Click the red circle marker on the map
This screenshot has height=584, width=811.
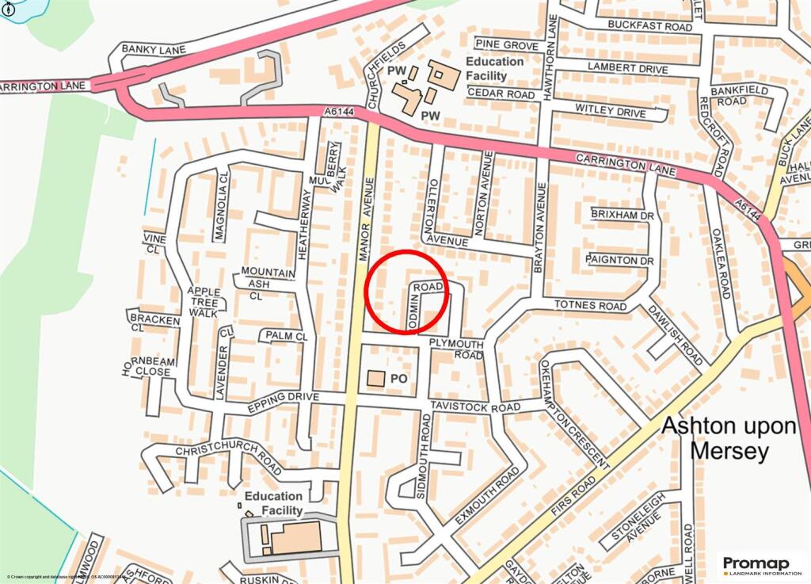(406, 292)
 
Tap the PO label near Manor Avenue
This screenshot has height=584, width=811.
(399, 380)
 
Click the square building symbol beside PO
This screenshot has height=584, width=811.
(376, 379)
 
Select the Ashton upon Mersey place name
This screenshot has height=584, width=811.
(729, 438)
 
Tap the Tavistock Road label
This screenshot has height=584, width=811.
(475, 407)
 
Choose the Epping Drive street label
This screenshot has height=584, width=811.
(283, 402)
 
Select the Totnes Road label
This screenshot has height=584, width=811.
(590, 305)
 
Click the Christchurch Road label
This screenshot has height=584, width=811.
(228, 457)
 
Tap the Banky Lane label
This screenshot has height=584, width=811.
(154, 50)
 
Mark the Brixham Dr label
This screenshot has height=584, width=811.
(622, 215)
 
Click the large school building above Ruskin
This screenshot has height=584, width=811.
(295, 538)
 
